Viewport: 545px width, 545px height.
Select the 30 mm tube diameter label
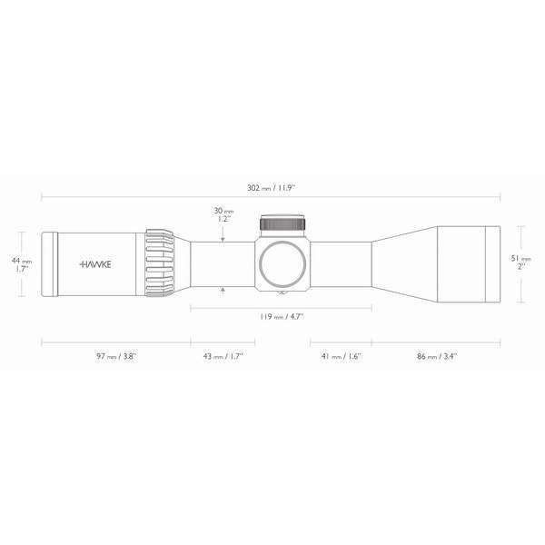click(x=222, y=213)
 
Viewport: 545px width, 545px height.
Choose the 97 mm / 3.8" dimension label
click(x=115, y=357)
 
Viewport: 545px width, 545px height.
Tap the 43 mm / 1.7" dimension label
click(x=222, y=357)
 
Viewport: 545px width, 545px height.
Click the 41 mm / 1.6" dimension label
click(x=341, y=357)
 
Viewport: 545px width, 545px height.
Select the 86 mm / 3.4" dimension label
click(x=436, y=357)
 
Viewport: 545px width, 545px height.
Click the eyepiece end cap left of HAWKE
click(x=50, y=263)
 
